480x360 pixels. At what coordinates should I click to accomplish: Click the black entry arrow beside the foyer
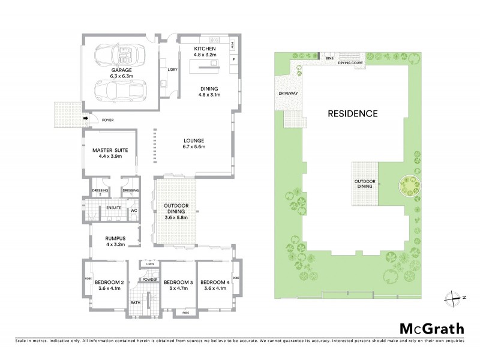(x=86, y=118)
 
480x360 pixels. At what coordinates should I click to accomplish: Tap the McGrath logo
(x=432, y=328)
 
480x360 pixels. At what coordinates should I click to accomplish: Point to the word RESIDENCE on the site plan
(x=352, y=113)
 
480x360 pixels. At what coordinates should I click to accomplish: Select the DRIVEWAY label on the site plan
(x=288, y=94)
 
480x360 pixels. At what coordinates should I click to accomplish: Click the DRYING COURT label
(x=352, y=62)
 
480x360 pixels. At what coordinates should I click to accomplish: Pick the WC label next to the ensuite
(x=134, y=211)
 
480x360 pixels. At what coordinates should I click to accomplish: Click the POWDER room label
(x=150, y=279)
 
